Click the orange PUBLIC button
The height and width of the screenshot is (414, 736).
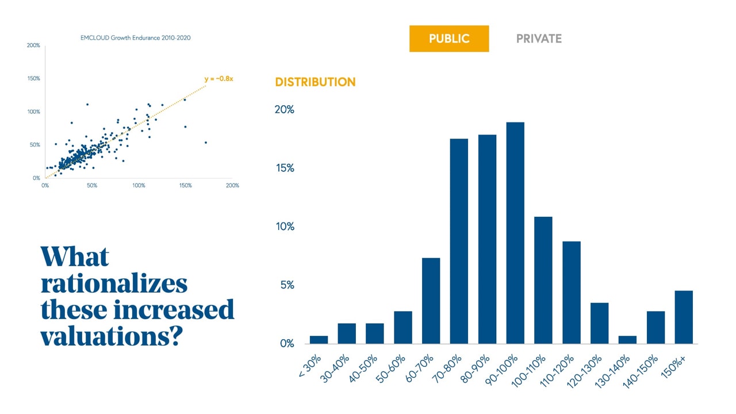449,39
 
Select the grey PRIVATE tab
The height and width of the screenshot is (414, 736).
539,39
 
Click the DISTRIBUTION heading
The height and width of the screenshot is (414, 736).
315,82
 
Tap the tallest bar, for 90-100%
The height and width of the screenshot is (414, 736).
515,233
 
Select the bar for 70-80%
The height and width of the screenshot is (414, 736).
459,241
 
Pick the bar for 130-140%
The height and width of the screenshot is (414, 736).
627,340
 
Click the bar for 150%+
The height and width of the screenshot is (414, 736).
684,317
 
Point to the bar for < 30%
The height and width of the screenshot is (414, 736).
319,340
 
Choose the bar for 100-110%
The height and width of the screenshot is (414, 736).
543,280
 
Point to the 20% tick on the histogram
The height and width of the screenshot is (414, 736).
285,110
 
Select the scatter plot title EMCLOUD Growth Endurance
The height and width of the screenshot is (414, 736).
135,39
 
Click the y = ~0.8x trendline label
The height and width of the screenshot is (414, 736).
218,79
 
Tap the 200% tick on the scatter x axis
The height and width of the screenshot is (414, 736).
232,186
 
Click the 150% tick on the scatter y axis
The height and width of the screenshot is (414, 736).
34,78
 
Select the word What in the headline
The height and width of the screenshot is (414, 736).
75,257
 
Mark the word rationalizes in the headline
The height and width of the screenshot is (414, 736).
114,283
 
